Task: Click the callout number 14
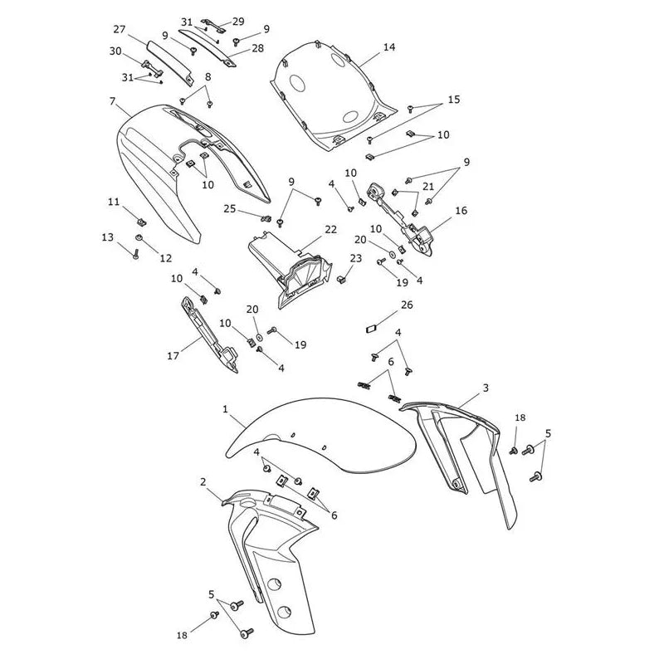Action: point(389,47)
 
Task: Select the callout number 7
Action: point(112,101)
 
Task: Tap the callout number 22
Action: point(330,230)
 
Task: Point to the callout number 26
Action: point(407,305)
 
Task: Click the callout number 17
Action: point(173,356)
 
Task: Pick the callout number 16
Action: point(461,211)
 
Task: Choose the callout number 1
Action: point(225,409)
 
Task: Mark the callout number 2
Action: point(203,482)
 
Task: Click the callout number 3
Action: point(486,388)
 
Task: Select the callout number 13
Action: point(108,237)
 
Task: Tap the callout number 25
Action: point(230,209)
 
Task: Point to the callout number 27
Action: point(120,29)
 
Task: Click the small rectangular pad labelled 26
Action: point(371,329)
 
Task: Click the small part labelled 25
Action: point(266,218)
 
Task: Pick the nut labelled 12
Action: point(138,237)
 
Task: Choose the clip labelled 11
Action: point(141,222)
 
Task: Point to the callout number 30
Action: point(115,51)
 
